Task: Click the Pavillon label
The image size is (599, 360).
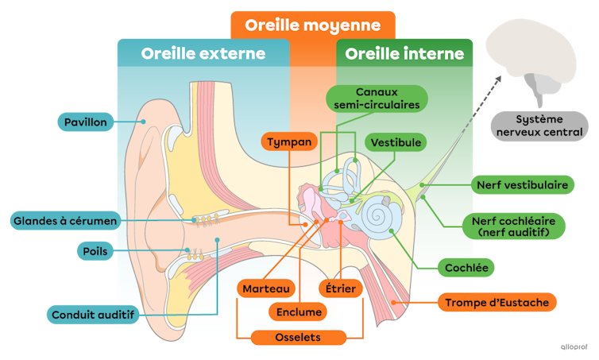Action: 87,122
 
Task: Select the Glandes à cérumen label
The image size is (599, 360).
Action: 65,220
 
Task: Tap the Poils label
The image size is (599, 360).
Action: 95,251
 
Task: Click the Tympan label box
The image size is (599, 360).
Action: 289,142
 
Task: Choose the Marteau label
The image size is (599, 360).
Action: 265,288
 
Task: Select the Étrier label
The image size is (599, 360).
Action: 340,288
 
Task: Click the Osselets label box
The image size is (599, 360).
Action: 298,338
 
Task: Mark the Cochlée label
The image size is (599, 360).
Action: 466,268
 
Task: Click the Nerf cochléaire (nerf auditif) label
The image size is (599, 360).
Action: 513,226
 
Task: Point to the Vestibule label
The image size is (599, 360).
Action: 396,142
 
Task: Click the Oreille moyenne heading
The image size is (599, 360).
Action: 312,25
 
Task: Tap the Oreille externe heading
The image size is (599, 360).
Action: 203,54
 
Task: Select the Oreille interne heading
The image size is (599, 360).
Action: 404,54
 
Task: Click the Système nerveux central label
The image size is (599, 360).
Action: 539,126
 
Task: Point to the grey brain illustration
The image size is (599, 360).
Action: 533,60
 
